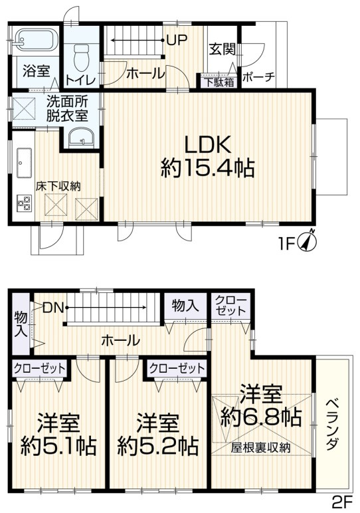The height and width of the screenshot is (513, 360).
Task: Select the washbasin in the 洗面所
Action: (x=80, y=138)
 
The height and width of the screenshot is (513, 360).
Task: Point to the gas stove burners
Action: (x=25, y=203)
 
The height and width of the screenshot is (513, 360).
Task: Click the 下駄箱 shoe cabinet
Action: (x=218, y=83)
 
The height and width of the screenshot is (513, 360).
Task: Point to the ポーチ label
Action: (x=258, y=77)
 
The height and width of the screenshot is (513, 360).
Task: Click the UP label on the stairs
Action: (x=176, y=39)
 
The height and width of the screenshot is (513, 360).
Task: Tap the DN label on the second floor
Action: (x=52, y=307)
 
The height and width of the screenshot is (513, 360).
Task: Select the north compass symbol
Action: (x=308, y=241)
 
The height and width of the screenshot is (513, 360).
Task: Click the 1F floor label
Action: (x=286, y=244)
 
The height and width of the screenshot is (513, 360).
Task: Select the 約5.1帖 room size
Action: (x=58, y=445)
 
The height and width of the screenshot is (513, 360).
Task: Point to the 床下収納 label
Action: (x=58, y=186)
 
